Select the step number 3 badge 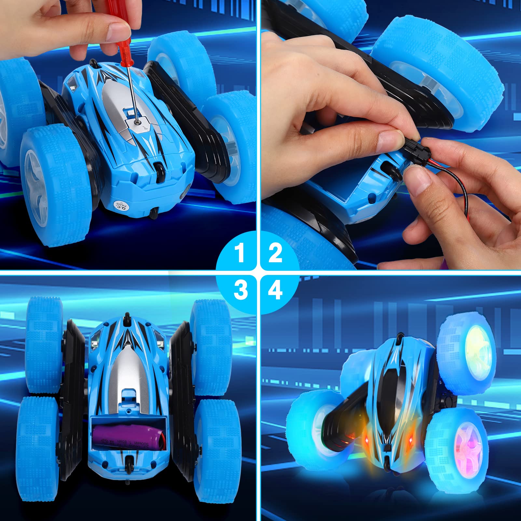(240, 290)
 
